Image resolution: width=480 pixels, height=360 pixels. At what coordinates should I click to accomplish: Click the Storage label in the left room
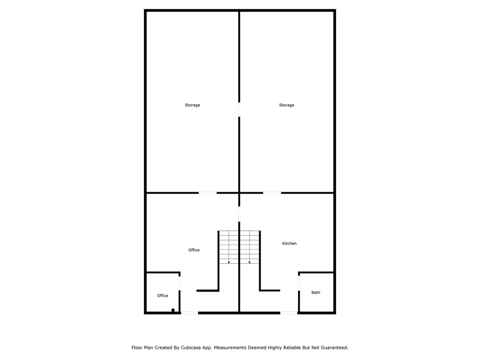pyautogui.click(x=192, y=105)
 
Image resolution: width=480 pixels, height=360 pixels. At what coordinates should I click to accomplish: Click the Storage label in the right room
pyautogui.click(x=286, y=105)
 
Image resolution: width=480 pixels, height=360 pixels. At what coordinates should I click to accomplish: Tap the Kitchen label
pyautogui.click(x=289, y=243)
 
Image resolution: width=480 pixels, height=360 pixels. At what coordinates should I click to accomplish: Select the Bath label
pyautogui.click(x=316, y=292)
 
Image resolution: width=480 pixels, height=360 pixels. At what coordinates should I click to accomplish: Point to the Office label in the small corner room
pyautogui.click(x=162, y=296)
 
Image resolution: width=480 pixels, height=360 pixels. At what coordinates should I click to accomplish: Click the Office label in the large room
pyautogui.click(x=194, y=250)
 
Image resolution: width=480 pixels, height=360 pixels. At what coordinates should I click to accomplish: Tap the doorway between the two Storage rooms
pyautogui.click(x=239, y=110)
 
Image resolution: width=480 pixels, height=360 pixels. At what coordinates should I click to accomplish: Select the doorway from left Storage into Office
pyautogui.click(x=208, y=193)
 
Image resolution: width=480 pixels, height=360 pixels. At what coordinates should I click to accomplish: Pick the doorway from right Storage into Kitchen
pyautogui.click(x=272, y=193)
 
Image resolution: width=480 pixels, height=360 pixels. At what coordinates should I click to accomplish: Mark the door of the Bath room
pyautogui.click(x=299, y=283)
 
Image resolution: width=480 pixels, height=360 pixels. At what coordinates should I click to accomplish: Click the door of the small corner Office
pyautogui.click(x=179, y=283)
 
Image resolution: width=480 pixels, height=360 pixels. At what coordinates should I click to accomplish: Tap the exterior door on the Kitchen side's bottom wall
pyautogui.click(x=289, y=313)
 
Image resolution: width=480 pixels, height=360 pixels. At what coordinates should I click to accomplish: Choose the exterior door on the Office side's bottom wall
pyautogui.click(x=189, y=313)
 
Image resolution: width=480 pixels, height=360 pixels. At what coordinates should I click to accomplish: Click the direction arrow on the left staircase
pyautogui.click(x=229, y=262)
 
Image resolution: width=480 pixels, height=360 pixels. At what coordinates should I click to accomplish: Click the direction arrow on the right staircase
pyautogui.click(x=249, y=262)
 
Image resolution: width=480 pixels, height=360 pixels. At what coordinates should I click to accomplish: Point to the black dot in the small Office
pyautogui.click(x=173, y=310)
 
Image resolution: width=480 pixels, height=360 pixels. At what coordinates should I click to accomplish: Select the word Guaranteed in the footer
pyautogui.click(x=332, y=348)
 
